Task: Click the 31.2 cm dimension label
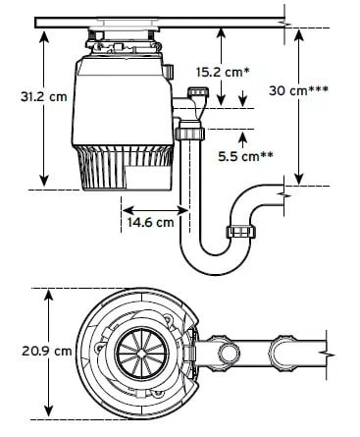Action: (x=44, y=96)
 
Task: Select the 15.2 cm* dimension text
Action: (x=223, y=72)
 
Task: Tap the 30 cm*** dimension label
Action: (x=298, y=90)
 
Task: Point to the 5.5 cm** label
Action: (x=245, y=156)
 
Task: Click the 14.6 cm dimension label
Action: (x=150, y=223)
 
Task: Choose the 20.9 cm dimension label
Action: (x=47, y=352)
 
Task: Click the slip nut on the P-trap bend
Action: (x=241, y=233)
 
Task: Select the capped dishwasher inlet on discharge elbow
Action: (x=198, y=91)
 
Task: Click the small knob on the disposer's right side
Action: (x=169, y=71)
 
